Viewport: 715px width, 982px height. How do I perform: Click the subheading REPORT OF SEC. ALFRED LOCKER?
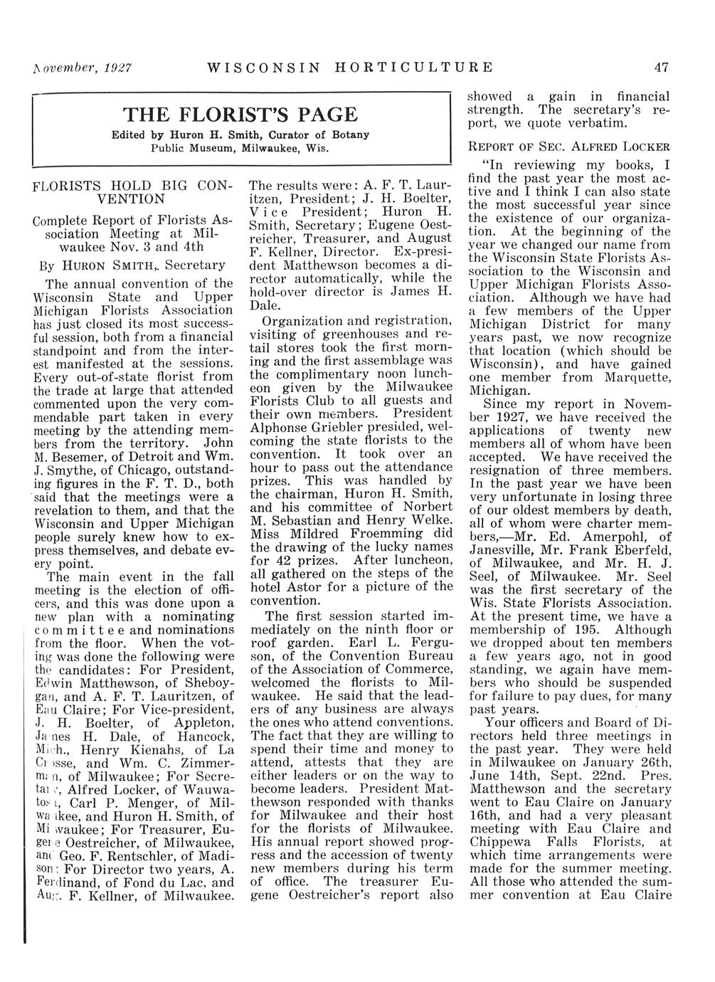pyautogui.click(x=568, y=147)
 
